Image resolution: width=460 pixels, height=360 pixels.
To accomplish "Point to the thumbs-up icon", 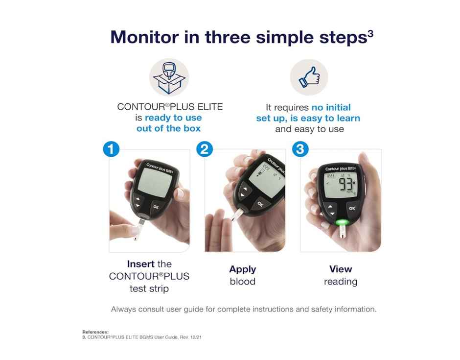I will pos(308,77).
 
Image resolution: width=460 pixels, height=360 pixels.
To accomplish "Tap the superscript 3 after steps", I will pos(370,33).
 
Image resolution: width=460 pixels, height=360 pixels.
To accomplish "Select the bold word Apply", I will pos(243,269).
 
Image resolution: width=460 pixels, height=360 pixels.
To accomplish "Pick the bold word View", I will pos(341,269).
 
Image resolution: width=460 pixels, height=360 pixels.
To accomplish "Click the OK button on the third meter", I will pos(351,208).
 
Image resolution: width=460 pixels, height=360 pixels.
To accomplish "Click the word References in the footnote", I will pos(95,332).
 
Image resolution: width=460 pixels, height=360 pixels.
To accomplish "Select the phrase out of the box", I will pos(168,129).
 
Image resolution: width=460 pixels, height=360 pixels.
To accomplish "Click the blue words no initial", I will pos(331,107).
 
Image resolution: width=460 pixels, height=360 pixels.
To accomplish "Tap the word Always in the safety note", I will pos(125,309).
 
